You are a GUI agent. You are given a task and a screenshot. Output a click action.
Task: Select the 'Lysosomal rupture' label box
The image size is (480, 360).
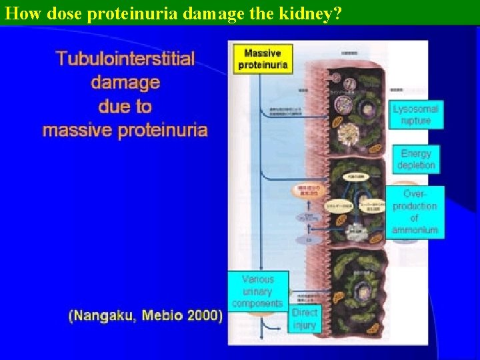pyautogui.click(x=416, y=115)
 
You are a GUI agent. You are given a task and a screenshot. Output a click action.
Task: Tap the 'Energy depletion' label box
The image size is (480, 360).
pyautogui.click(x=416, y=159)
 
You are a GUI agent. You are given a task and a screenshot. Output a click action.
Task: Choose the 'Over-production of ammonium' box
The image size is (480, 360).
pyautogui.click(x=415, y=212)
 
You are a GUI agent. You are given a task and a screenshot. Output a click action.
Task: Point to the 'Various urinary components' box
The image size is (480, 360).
pyautogui.click(x=257, y=291)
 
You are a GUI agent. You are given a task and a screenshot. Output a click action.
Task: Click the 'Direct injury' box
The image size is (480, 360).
pyautogui.click(x=305, y=319)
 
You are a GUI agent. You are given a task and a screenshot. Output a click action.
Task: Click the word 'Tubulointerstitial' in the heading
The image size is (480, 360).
pyautogui.click(x=125, y=59)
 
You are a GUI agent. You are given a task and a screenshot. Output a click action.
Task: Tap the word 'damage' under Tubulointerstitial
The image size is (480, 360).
pyautogui.click(x=125, y=83)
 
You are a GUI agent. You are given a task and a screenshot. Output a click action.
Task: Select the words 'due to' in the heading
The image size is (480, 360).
pyautogui.click(x=125, y=107)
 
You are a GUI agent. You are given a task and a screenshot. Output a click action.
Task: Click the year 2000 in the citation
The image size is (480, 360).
pyautogui.click(x=204, y=316)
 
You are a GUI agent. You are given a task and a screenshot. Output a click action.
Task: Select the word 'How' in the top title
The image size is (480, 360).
pyautogui.click(x=19, y=13)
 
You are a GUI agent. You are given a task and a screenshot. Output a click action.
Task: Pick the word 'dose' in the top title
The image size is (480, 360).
pyautogui.click(x=54, y=13)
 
